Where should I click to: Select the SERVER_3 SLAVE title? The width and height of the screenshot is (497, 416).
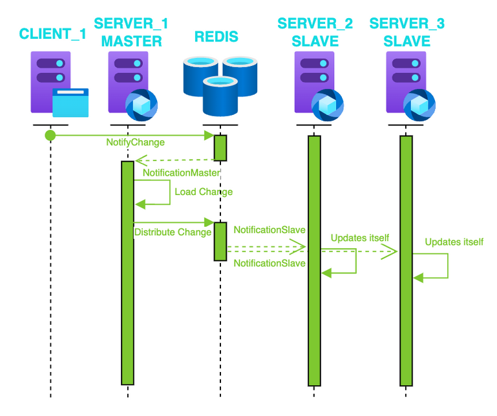(407, 32)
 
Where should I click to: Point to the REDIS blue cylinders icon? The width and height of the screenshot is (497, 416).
(220, 84)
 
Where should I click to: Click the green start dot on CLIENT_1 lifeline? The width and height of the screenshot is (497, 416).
(50, 135)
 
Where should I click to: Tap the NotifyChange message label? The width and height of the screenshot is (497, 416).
(136, 142)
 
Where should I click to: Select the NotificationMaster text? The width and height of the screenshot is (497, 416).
(182, 173)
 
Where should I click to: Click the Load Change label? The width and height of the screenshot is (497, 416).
(204, 192)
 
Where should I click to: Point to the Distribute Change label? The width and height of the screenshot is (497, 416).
(173, 232)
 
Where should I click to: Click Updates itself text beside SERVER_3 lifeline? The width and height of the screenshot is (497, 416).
(454, 242)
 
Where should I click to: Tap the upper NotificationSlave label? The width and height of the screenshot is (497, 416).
(270, 229)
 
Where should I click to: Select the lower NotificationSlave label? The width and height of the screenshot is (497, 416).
(270, 264)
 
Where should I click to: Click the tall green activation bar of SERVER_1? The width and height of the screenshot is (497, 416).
(128, 271)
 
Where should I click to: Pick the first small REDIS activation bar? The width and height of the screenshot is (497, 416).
(220, 148)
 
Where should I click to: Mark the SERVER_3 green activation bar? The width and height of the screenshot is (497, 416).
(406, 258)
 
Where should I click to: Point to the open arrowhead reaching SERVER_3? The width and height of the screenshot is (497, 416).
(390, 253)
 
